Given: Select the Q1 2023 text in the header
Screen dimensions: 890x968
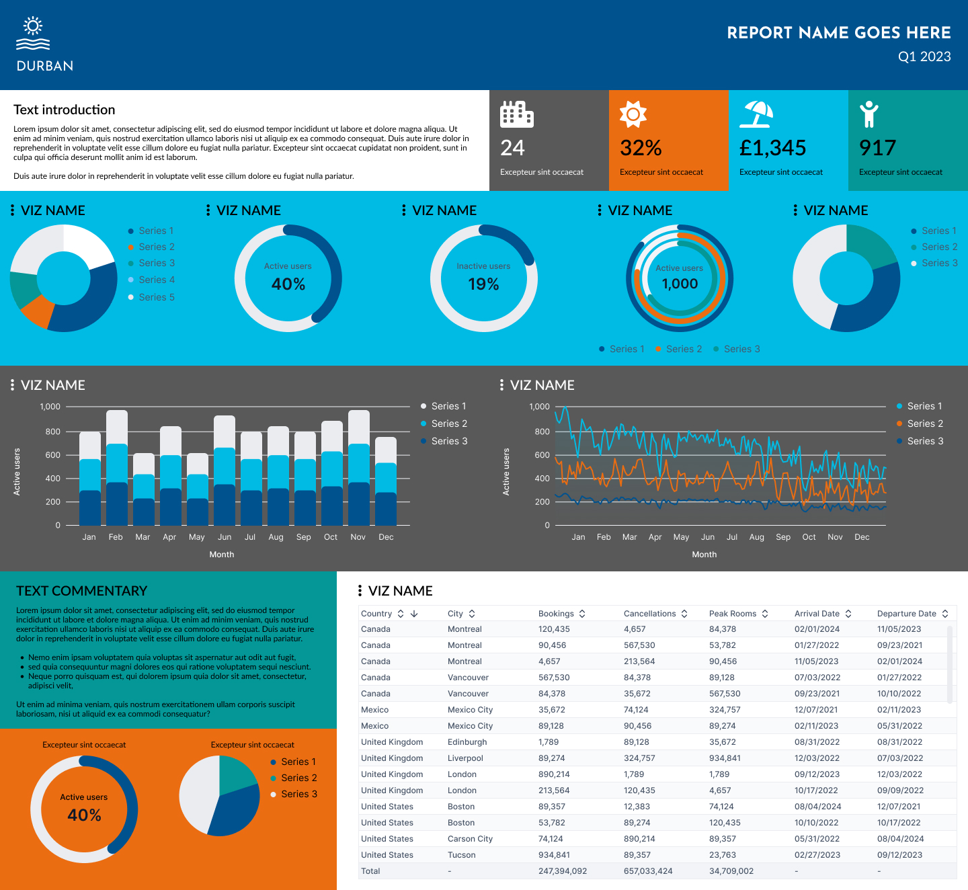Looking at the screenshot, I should pos(924,56).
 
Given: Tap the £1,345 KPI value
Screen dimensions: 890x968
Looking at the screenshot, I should pos(772,148).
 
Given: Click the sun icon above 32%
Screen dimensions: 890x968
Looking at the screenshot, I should pos(633,114).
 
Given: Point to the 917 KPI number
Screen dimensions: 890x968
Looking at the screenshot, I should pos(877,148).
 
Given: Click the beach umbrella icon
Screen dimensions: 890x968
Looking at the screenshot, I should pos(756,114).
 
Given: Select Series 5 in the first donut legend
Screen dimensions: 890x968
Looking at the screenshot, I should pos(156,297).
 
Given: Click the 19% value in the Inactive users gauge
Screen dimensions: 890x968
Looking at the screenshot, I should pos(483,284).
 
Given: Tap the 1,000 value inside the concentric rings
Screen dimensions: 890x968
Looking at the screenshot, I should pos(680,284).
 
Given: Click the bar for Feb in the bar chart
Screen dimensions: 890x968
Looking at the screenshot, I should pos(117,471).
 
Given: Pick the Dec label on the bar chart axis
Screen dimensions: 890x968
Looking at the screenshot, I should pos(386,537).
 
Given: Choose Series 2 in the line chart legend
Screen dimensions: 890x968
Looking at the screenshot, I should pos(924,423).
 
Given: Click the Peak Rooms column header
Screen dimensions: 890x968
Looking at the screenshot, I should pos(732,614).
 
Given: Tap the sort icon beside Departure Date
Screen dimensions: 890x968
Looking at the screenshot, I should pos(945,614).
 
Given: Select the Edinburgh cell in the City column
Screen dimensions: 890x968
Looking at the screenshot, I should pos(467,742).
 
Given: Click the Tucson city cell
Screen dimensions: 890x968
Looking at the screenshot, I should pos(461,855).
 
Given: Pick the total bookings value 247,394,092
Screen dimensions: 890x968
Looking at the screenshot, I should pos(562,871).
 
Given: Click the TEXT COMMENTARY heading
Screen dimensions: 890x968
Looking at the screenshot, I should pos(81,591).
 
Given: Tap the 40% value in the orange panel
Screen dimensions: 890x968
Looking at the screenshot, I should pos(84,815).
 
